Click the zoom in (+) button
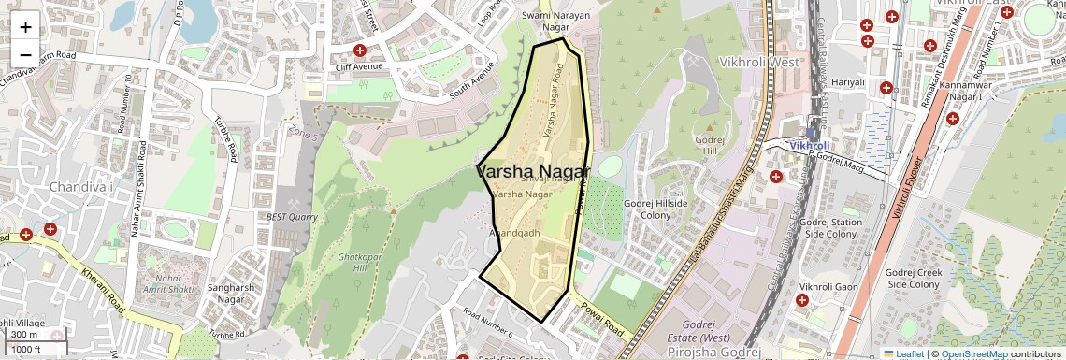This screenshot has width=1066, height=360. (25, 26)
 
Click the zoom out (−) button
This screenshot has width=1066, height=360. (25, 54)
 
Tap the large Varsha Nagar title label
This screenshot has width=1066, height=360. (533, 172)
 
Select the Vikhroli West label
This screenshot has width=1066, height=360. (759, 61)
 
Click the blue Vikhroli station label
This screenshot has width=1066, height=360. (809, 146)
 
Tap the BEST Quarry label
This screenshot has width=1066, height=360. (292, 216)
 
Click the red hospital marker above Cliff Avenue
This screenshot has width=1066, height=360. (359, 50)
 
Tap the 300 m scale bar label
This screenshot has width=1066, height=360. (25, 334)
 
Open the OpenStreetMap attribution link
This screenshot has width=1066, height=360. (976, 353)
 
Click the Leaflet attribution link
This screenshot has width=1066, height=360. (903, 353)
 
